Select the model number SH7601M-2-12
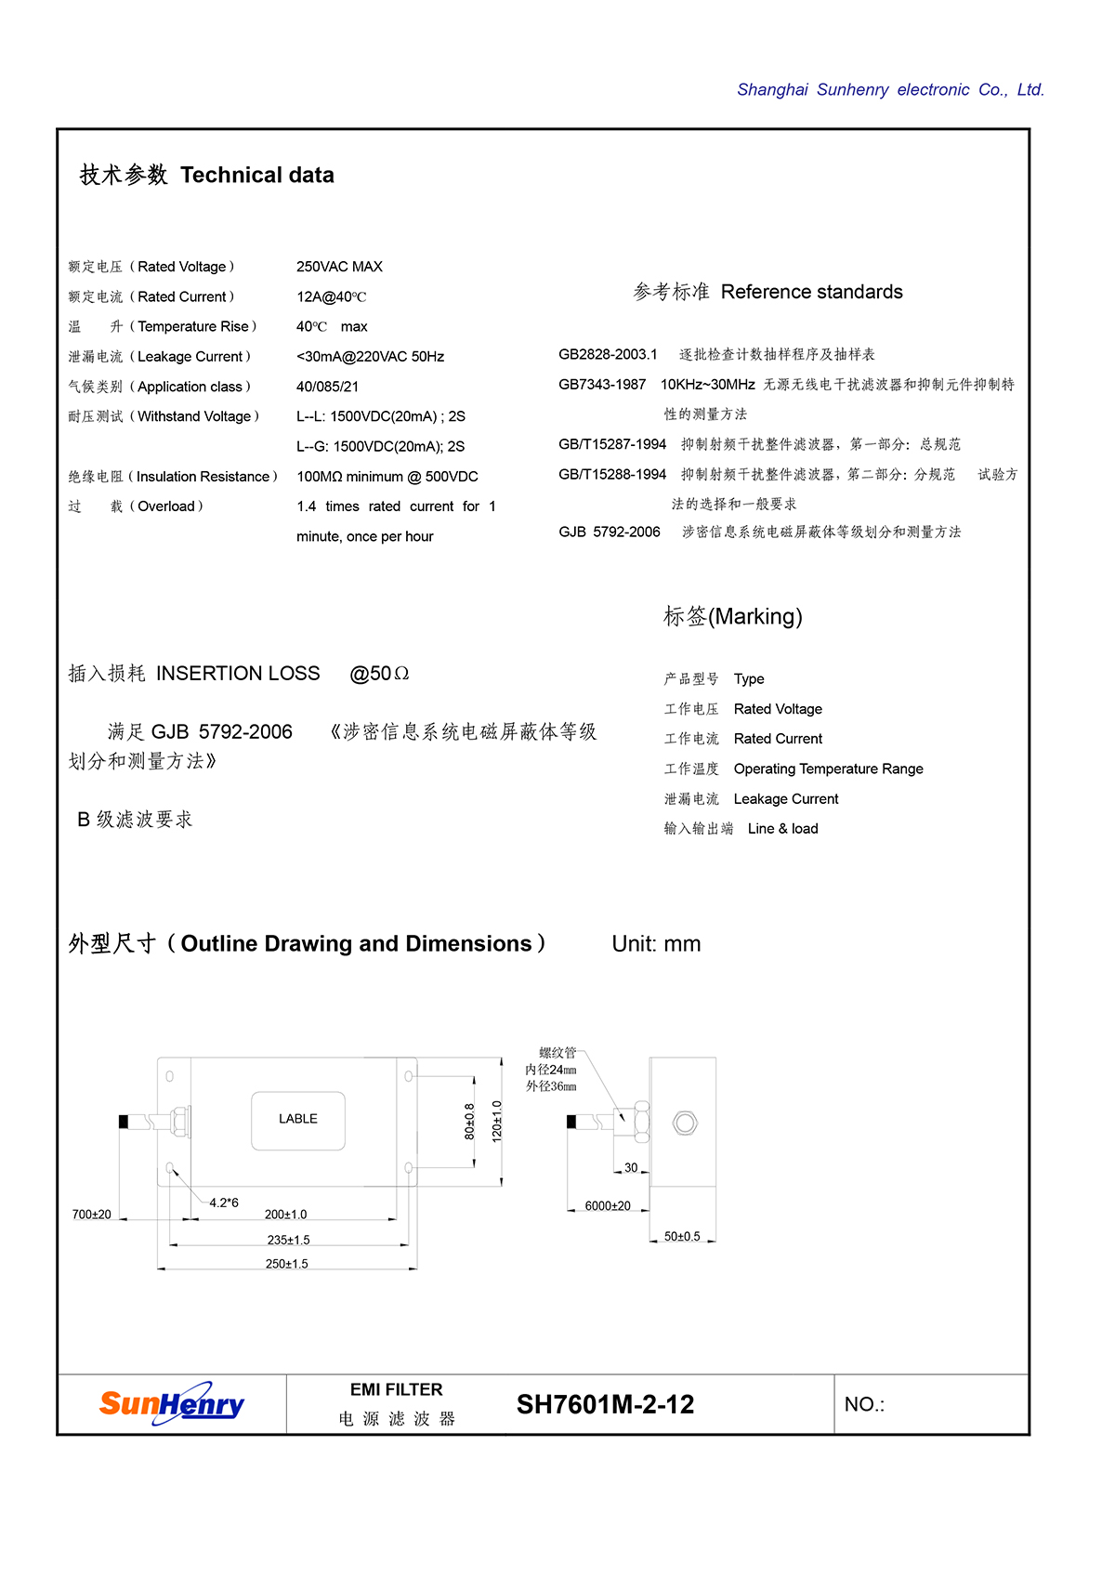[x=605, y=1404]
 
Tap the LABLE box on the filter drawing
[x=298, y=1119]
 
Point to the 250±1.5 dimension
[x=286, y=1264]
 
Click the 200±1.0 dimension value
[x=285, y=1215]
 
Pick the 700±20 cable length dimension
[x=91, y=1215]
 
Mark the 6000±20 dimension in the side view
[x=608, y=1206]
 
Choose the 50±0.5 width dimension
[x=682, y=1237]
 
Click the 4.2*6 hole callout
[x=224, y=1202]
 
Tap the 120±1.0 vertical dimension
[x=497, y=1122]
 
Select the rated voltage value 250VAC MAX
[x=339, y=267]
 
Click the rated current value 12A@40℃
[x=332, y=297]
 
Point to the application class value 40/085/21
[x=327, y=387]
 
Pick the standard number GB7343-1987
[x=602, y=385]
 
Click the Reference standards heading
[x=767, y=292]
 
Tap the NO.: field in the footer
[x=864, y=1404]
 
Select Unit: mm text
[x=656, y=944]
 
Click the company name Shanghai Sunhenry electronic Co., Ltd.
[x=890, y=90]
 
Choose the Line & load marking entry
[x=782, y=829]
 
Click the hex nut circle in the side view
[x=685, y=1123]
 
